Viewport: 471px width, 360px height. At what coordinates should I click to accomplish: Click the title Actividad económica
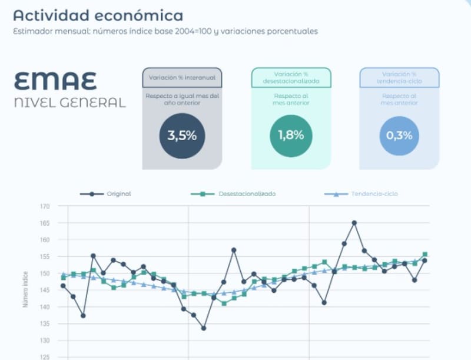(x=98, y=15)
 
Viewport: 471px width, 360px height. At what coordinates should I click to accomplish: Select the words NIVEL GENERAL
(x=69, y=103)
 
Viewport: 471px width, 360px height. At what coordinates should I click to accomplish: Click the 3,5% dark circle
(x=182, y=136)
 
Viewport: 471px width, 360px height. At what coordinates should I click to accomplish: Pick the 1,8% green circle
(x=291, y=135)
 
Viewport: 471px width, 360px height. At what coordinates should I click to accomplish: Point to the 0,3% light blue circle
(x=399, y=135)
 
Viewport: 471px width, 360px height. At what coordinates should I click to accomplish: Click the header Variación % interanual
(x=182, y=77)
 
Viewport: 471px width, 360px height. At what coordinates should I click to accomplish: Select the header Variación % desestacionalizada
(x=291, y=78)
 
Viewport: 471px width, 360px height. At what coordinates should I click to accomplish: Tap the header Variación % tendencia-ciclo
(x=399, y=78)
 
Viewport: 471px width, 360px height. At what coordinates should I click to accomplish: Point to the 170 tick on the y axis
(x=45, y=207)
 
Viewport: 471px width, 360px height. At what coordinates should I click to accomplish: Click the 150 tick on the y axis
(x=45, y=273)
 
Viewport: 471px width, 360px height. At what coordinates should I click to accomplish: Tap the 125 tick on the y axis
(x=45, y=357)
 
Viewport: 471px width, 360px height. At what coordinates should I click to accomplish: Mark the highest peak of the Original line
(x=354, y=223)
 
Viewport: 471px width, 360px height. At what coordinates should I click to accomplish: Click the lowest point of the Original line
(x=204, y=328)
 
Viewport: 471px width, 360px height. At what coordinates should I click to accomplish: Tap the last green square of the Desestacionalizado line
(x=424, y=255)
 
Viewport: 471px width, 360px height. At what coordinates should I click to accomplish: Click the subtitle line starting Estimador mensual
(x=165, y=31)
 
